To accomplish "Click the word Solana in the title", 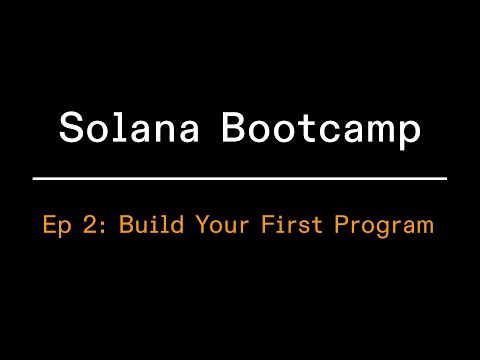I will (x=134, y=128).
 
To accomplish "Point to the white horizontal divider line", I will (x=240, y=178).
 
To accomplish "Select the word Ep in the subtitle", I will (x=58, y=225).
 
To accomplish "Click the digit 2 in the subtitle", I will (x=91, y=224).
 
